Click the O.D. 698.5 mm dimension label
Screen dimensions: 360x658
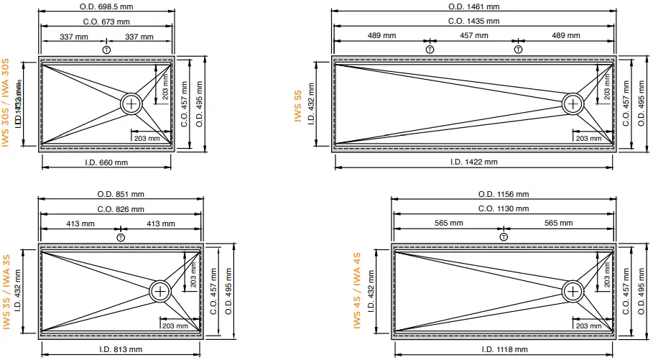pos(106,6)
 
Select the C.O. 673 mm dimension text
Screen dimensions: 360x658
pos(106,22)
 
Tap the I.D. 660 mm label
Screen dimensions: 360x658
pos(106,162)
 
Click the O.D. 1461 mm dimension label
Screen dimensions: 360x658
pos(473,6)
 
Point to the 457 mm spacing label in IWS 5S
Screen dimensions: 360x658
pos(473,35)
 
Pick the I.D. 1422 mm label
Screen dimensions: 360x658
pos(473,162)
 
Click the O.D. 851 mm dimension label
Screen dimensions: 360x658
pos(121,194)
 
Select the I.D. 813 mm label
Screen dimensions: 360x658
pos(121,349)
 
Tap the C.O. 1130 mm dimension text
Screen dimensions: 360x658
pos(503,208)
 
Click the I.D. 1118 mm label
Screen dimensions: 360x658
pos(503,349)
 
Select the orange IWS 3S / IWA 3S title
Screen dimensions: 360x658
pos(6,292)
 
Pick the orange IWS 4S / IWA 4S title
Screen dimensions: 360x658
pos(357,291)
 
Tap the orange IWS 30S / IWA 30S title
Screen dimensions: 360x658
pos(6,103)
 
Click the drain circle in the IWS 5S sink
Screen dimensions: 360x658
pos(573,103)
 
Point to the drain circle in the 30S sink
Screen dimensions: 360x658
pos(132,103)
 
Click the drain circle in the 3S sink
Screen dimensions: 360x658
pos(161,291)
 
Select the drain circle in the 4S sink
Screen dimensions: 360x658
pos(573,291)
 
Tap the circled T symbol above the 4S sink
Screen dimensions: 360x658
pos(504,236)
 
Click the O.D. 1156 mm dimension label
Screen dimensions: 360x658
pos(503,194)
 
